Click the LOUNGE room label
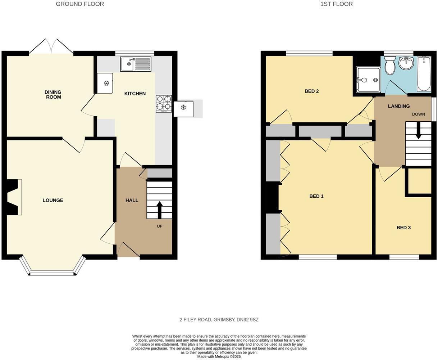[x=53, y=200]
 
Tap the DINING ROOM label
[x=53, y=94]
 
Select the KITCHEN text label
[x=135, y=94]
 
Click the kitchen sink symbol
[x=136, y=64]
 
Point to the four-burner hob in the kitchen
[x=164, y=103]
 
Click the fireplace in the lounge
[x=14, y=197]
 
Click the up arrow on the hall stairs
[x=159, y=209]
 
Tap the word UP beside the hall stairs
[x=159, y=226]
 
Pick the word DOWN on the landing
[x=418, y=114]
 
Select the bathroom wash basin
[x=407, y=64]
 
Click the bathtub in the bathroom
[x=424, y=74]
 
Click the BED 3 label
[x=403, y=228]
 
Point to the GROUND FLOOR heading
[x=80, y=4]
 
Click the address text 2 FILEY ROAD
[x=219, y=320]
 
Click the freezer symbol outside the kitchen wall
[x=183, y=108]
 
